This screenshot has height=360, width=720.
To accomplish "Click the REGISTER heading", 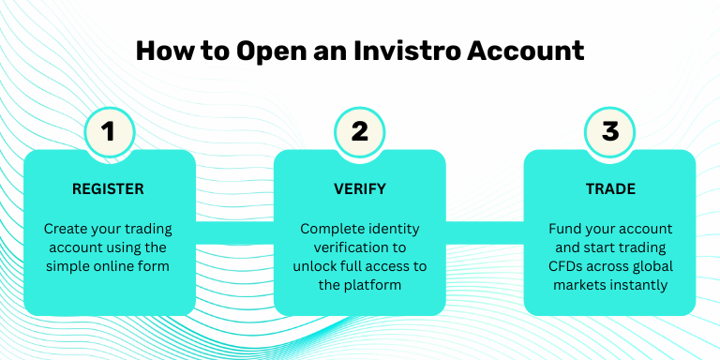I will pos(109,188).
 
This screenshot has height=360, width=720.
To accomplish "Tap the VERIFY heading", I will pos(360,188).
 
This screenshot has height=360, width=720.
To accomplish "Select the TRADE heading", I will pos(610,188).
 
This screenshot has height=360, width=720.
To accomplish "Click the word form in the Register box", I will pos(155,266).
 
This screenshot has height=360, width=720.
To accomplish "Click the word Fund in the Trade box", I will pos(564,229).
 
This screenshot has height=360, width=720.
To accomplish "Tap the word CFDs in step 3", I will pos(567,266).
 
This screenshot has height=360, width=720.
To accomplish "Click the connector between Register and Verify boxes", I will pos(234,232).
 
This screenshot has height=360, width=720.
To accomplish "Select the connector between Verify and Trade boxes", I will pos(485,232).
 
